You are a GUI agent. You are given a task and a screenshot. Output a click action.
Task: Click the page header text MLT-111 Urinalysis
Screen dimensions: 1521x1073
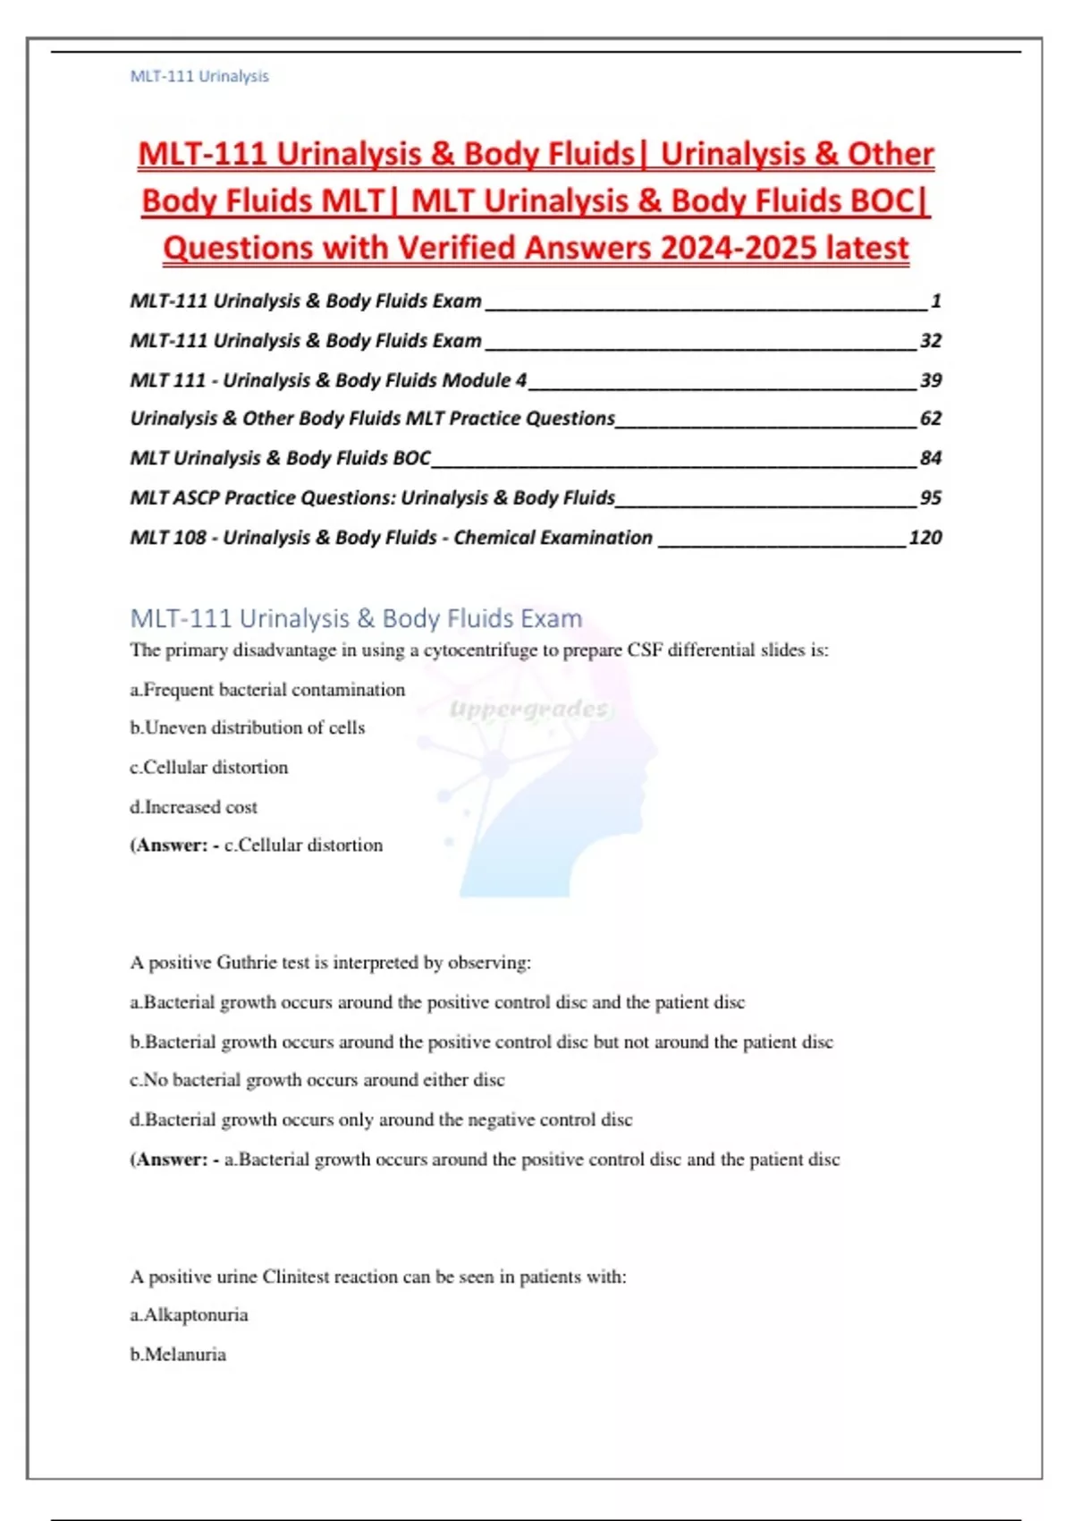click(199, 77)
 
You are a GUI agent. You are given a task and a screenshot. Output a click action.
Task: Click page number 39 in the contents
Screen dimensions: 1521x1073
click(930, 380)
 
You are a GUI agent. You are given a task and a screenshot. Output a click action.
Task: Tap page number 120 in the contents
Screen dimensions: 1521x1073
click(925, 538)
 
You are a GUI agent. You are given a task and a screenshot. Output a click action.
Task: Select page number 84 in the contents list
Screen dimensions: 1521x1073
click(930, 458)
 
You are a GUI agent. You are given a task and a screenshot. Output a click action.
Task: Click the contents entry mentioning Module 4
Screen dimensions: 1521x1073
click(328, 380)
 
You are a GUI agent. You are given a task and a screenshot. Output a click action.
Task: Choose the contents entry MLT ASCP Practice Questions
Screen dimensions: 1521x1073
click(372, 497)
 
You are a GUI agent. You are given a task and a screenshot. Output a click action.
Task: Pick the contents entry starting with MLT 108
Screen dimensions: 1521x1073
click(391, 538)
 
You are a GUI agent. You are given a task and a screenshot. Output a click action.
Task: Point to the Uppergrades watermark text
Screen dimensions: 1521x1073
click(528, 710)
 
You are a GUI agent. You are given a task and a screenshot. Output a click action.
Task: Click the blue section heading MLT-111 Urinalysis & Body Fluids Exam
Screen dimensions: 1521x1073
click(356, 618)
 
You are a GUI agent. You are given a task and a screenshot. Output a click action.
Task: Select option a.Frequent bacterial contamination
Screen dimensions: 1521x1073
click(267, 690)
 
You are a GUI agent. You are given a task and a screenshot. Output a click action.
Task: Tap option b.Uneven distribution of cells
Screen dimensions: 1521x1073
click(248, 727)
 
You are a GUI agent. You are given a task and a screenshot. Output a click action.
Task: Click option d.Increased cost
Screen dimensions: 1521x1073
click(194, 807)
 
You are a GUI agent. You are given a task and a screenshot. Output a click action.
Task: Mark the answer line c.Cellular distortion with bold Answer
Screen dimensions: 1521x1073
click(257, 845)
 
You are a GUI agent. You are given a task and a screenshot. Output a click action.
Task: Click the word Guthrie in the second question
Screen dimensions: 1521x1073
click(247, 963)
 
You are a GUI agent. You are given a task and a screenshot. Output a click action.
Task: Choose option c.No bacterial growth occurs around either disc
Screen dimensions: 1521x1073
click(317, 1080)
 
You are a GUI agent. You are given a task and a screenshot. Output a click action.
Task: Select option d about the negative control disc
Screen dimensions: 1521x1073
click(381, 1120)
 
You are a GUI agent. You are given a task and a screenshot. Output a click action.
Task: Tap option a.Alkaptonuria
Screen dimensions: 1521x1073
click(190, 1315)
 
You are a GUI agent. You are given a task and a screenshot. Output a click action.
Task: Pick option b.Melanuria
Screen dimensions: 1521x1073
click(178, 1355)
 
